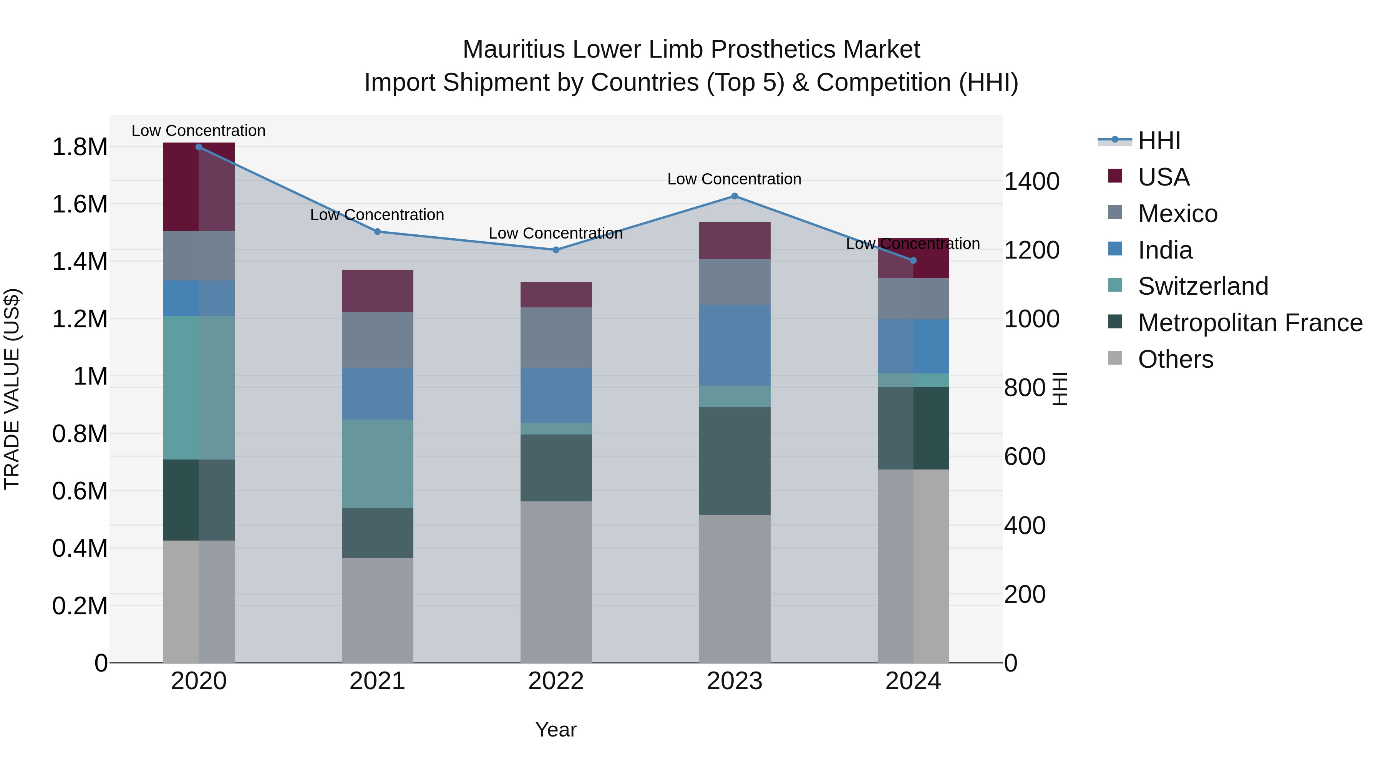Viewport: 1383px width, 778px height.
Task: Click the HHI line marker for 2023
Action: (735, 196)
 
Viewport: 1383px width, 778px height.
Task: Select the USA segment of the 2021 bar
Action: (377, 290)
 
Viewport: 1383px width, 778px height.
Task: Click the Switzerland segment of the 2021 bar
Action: (377, 463)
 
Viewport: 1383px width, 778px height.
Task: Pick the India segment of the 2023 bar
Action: (735, 345)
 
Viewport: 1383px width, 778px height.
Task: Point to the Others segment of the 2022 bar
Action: (556, 582)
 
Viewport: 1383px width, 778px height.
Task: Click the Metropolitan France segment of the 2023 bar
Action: (735, 461)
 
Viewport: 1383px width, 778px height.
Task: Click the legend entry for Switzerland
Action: (1202, 286)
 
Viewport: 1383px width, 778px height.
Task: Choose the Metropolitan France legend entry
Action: (1250, 323)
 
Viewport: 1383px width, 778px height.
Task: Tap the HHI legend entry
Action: (1159, 141)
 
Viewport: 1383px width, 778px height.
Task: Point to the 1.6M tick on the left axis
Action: (80, 204)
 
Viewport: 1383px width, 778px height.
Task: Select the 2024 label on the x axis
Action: (913, 681)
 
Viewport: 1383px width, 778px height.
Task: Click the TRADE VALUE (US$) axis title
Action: (12, 389)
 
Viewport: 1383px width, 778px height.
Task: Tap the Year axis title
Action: (556, 730)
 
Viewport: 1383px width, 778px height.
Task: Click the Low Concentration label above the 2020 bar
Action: (199, 131)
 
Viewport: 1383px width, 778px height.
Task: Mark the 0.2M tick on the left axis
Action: (80, 605)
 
